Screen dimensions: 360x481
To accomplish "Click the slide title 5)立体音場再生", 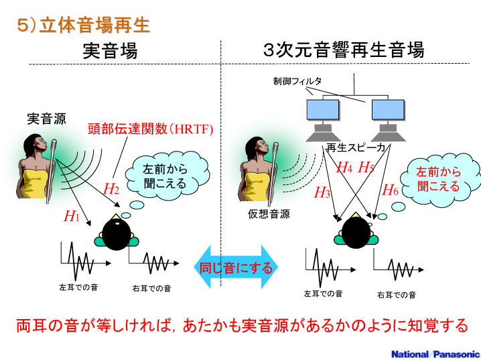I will tap(83, 25).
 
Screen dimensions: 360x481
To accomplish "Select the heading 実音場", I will tap(110, 50).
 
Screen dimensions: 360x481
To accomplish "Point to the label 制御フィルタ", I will tap(297, 81).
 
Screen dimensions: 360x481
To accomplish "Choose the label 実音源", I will tap(46, 119).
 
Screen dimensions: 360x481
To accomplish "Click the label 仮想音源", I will tap(269, 214).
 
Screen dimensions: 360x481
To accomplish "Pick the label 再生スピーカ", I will tap(356, 147).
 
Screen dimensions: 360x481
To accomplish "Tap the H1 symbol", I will tap(72, 216).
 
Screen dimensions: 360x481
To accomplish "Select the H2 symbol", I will tap(111, 188).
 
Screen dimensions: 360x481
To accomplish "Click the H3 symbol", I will tap(322, 193).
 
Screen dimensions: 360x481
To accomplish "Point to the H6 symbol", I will tap(390, 190).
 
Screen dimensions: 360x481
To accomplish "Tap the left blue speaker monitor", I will tap(322, 111).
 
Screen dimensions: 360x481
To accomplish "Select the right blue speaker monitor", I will tap(389, 111).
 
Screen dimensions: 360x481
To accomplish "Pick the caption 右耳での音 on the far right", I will tap(396, 294).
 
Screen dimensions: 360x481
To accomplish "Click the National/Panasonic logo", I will tap(435, 353).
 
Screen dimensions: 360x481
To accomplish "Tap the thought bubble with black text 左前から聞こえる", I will tap(165, 176).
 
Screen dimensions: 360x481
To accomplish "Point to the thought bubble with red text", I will tap(438, 178).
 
